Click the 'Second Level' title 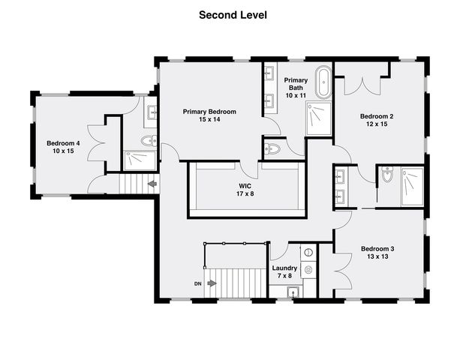233,15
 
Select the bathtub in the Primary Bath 323,82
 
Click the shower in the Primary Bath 318,118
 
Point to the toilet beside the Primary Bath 272,148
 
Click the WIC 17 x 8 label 245,190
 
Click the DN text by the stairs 198,284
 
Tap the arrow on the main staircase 212,283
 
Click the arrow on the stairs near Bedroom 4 152,184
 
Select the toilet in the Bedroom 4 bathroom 149,140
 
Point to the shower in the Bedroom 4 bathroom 140,160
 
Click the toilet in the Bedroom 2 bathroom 387,174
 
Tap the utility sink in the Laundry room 293,292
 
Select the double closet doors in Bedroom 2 362,86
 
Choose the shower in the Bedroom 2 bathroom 413,187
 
